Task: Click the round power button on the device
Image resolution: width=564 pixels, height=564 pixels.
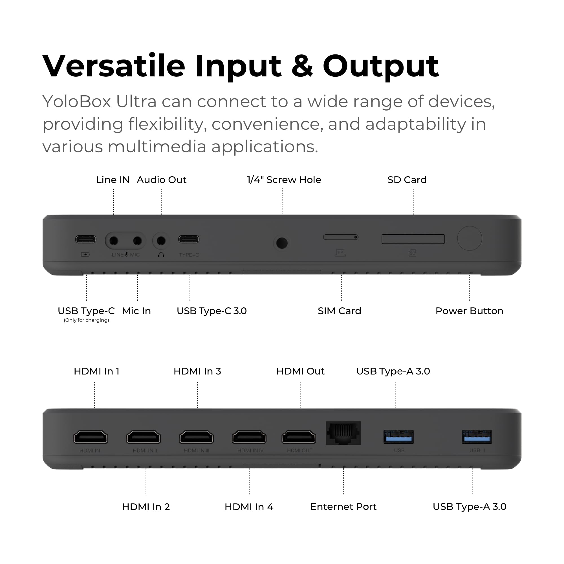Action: (x=470, y=238)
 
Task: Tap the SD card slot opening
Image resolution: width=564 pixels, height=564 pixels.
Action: (x=413, y=239)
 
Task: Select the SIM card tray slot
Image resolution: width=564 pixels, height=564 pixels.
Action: (x=340, y=237)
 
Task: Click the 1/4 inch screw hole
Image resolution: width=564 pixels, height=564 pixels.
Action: (x=282, y=243)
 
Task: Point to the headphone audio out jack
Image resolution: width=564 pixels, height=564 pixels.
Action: (x=161, y=241)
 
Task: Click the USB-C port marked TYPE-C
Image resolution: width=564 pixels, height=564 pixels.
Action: (x=189, y=239)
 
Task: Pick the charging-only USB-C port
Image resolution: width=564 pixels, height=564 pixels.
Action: (x=86, y=239)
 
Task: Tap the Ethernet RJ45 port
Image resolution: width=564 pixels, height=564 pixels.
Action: (x=343, y=433)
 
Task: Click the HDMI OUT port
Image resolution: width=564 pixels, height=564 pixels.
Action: (x=299, y=437)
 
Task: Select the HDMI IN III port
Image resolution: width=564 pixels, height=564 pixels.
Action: (x=197, y=437)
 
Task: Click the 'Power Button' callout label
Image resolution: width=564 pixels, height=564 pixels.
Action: (x=469, y=311)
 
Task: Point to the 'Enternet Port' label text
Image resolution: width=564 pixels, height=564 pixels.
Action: (x=343, y=506)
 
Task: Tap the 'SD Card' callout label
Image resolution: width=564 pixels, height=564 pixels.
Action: (x=407, y=180)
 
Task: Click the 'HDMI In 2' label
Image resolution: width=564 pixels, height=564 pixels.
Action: (x=146, y=507)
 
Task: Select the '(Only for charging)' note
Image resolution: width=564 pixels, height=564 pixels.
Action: (x=86, y=320)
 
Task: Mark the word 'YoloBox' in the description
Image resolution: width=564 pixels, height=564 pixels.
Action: (x=76, y=102)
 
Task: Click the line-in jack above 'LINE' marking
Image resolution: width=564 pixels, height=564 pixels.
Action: (x=114, y=241)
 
